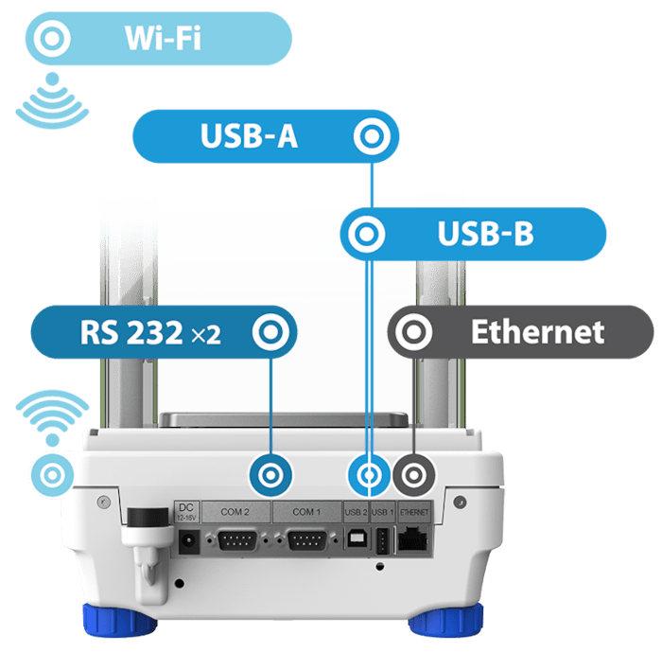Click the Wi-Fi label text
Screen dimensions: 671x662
[163, 39]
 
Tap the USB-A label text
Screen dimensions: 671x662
[249, 136]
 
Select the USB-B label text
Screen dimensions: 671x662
[485, 234]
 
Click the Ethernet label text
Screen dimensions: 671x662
[537, 331]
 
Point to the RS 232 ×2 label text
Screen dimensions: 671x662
[150, 332]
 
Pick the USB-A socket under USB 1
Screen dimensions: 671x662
[381, 542]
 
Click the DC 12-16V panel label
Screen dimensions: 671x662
[185, 512]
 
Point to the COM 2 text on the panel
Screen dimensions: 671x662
[235, 512]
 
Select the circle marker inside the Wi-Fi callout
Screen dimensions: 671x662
[52, 39]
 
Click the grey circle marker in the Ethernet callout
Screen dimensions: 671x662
[413, 331]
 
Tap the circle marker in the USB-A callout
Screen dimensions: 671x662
[372, 136]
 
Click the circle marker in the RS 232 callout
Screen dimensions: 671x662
[270, 332]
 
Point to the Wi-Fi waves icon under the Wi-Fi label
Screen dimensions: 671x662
[53, 100]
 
